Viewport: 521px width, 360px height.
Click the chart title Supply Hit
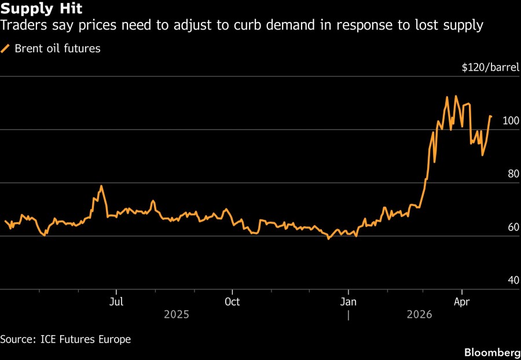point(41,9)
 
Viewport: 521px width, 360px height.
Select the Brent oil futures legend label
point(57,49)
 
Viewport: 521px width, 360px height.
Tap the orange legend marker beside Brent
point(5,49)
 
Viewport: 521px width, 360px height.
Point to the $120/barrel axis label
point(490,68)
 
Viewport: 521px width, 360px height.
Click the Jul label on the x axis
point(116,302)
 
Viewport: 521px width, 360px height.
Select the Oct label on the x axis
point(232,302)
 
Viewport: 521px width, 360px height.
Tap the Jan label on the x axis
point(348,302)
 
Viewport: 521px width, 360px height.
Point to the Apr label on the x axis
point(461,302)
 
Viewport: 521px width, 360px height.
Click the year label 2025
point(177,315)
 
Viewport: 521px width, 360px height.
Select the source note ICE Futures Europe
point(65,339)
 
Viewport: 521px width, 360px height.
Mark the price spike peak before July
point(101,186)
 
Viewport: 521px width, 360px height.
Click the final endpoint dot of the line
point(490,117)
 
